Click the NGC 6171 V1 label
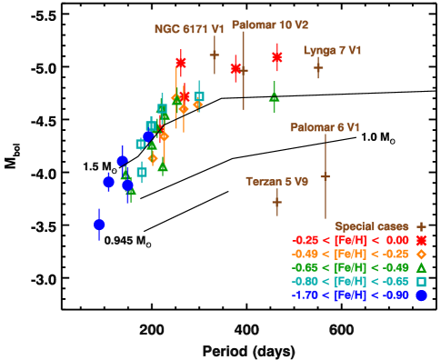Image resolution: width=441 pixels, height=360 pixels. pyautogui.click(x=189, y=29)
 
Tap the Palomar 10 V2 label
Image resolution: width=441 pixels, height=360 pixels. pyautogui.click(x=270, y=25)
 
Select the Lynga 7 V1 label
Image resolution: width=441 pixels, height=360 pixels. pyautogui.click(x=333, y=50)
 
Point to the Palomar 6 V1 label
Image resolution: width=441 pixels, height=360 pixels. pyautogui.click(x=325, y=127)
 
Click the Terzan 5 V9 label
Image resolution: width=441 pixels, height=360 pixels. pyautogui.click(x=276, y=182)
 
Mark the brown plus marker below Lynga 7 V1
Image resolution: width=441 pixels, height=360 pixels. pyautogui.click(x=318, y=67)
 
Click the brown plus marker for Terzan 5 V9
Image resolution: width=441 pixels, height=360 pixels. pyautogui.click(x=276, y=202)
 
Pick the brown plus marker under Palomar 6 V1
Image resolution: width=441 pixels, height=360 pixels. pyautogui.click(x=325, y=175)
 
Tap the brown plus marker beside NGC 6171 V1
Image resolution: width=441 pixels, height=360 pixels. pyautogui.click(x=214, y=55)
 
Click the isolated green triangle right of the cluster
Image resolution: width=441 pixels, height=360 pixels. pyautogui.click(x=274, y=97)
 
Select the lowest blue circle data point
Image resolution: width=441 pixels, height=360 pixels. pyautogui.click(x=99, y=225)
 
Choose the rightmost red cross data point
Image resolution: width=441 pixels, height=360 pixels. pyautogui.click(x=276, y=56)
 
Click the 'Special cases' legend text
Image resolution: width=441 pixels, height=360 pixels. pyautogui.click(x=372, y=226)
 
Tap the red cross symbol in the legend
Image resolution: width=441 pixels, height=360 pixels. pyautogui.click(x=421, y=240)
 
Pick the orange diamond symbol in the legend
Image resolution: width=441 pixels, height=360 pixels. pyautogui.click(x=421, y=254)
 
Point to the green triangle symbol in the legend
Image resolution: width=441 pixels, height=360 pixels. pyautogui.click(x=421, y=267)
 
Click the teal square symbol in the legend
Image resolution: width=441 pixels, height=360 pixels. pyautogui.click(x=421, y=282)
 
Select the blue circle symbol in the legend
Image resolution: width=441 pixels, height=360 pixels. pyautogui.click(x=421, y=295)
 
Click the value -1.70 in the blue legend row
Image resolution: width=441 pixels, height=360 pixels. pyautogui.click(x=305, y=295)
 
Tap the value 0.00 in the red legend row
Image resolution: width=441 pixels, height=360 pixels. pyautogui.click(x=397, y=240)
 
